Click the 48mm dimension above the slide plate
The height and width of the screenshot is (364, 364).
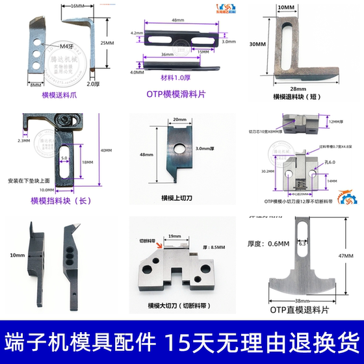pyautogui.click(x=176, y=21)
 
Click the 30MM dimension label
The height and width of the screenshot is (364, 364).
pyautogui.click(x=258, y=45)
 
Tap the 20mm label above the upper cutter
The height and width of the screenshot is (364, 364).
pyautogui.click(x=180, y=120)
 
